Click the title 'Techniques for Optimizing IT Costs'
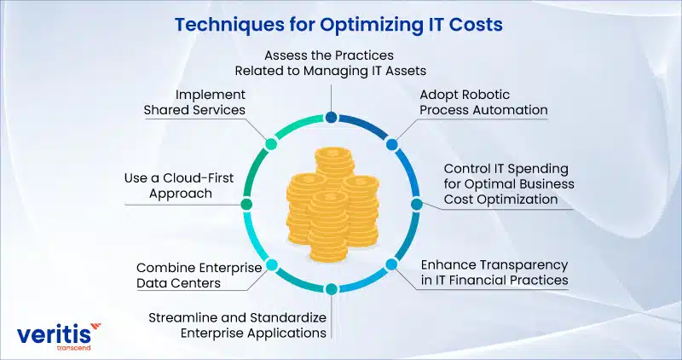[x=338, y=25]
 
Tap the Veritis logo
[x=59, y=336]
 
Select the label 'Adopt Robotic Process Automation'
[x=483, y=102]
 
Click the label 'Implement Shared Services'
[x=194, y=102]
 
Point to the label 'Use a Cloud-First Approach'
[x=179, y=185]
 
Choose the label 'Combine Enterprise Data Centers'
[x=199, y=275]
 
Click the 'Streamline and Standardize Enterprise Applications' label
[x=238, y=325]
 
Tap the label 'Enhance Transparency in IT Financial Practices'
[x=494, y=272]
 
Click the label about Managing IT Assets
[x=330, y=62]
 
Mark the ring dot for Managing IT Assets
[x=332, y=117]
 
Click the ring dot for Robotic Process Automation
[x=391, y=144]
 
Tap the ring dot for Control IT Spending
[x=416, y=204]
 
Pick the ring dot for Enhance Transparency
[x=391, y=264]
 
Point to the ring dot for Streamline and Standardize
[x=332, y=288]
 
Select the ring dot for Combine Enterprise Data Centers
[x=271, y=264]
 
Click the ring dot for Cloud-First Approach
[x=246, y=204]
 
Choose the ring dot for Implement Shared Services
[x=270, y=144]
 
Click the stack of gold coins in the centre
[x=332, y=204]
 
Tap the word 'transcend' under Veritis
[x=73, y=348]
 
